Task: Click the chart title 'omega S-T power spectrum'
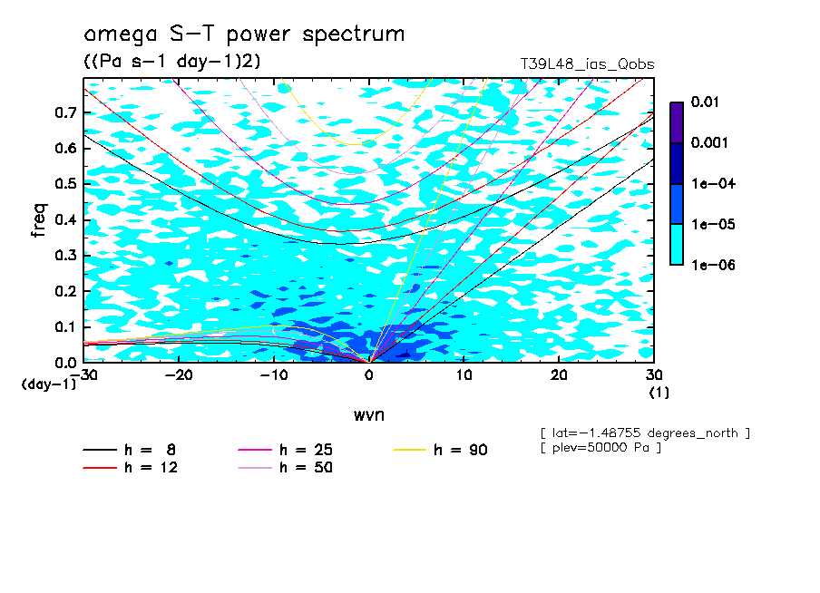244,34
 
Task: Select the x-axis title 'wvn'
368,414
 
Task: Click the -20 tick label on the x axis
179,375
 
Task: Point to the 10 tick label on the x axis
464,375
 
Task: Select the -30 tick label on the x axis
83,375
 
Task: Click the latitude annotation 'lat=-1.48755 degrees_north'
645,433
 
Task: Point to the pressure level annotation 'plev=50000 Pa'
600,448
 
